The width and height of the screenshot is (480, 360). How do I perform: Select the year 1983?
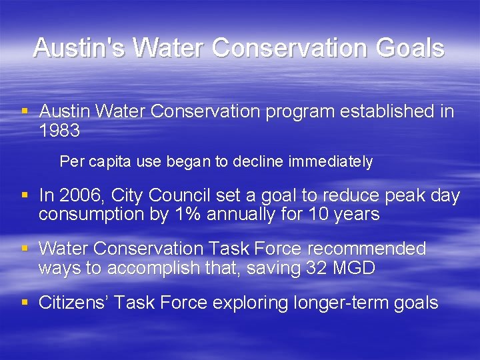point(59,131)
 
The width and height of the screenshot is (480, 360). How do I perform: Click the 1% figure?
point(186,214)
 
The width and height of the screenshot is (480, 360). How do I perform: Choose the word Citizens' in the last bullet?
point(73,303)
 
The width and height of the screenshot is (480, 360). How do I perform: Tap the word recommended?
point(365,249)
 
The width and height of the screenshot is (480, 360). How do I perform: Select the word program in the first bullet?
point(300,112)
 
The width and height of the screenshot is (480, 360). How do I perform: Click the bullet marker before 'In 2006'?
point(25,195)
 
